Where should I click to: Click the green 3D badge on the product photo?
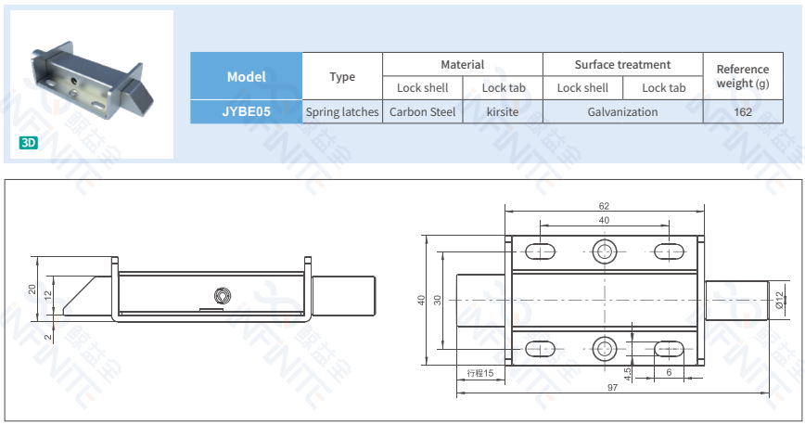[29, 143]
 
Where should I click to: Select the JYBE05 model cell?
[246, 111]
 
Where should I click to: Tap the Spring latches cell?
[342, 111]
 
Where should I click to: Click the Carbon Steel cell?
[422, 111]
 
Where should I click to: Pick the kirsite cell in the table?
[502, 111]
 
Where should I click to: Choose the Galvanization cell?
[622, 111]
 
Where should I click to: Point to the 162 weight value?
[742, 111]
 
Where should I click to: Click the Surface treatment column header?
[622, 64]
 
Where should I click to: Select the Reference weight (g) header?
[742, 76]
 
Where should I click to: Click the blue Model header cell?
[246, 76]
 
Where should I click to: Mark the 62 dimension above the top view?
[604, 206]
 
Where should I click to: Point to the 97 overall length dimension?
[612, 388]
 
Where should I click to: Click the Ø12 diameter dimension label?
[780, 300]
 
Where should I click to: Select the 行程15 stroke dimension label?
[480, 372]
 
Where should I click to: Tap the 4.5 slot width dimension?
[628, 373]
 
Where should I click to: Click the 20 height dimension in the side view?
[32, 289]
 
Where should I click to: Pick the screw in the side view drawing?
[222, 296]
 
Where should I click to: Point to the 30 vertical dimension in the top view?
[439, 300]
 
